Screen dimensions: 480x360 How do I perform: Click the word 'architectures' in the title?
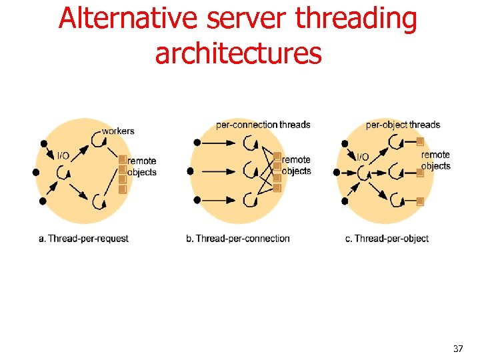click(238, 53)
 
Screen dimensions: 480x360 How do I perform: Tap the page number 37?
click(457, 349)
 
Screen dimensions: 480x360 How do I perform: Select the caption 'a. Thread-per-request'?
click(84, 238)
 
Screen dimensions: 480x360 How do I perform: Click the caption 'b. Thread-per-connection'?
click(238, 238)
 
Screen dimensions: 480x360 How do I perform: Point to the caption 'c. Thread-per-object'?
click(387, 238)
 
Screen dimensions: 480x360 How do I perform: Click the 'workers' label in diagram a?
click(118, 131)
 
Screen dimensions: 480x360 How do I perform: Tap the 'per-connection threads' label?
click(263, 125)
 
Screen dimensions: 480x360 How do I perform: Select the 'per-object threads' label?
click(403, 125)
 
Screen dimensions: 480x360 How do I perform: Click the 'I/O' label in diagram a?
click(63, 156)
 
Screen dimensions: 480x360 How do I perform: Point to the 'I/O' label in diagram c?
click(362, 157)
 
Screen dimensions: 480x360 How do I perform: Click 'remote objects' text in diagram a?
click(141, 167)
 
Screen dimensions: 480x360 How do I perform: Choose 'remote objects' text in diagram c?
click(436, 161)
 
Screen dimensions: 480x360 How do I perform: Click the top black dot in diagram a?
click(43, 143)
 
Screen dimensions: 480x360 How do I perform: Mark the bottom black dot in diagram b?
click(195, 200)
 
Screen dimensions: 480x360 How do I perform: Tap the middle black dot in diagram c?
click(337, 171)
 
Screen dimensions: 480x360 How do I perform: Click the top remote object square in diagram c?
click(420, 141)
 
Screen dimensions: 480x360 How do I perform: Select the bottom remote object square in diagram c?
click(420, 201)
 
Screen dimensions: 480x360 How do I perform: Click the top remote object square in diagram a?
click(123, 159)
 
